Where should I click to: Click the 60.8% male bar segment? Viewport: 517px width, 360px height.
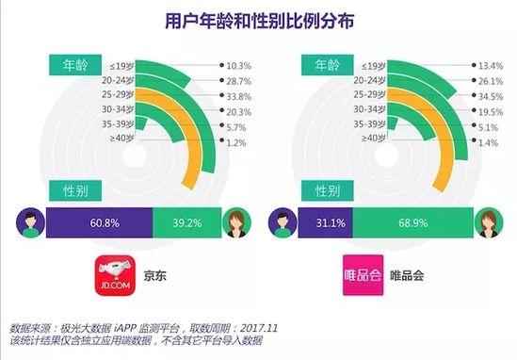click(100, 224)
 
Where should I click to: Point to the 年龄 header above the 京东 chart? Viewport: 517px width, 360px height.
click(73, 65)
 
